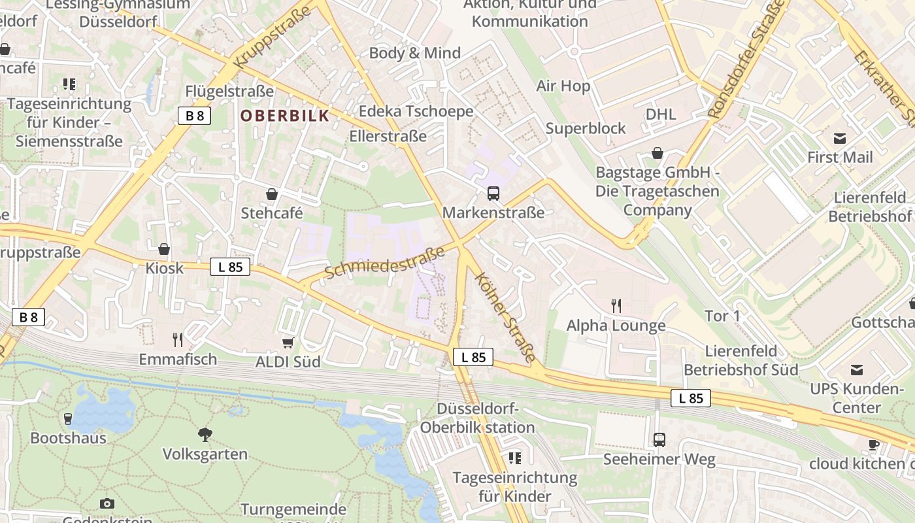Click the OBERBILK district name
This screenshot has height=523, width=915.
pos(284,116)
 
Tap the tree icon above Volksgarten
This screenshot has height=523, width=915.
pos(205,435)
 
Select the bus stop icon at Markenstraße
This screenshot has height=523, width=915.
pos(493,194)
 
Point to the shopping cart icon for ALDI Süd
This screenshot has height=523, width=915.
pos(288,343)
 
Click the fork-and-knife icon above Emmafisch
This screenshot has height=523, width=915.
pos(177,339)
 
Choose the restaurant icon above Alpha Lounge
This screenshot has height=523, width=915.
pos(615,305)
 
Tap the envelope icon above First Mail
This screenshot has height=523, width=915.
pos(839,139)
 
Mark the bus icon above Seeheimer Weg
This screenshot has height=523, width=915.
pos(659,440)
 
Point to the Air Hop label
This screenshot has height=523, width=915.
pos(563,86)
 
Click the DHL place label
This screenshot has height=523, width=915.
pos(661,114)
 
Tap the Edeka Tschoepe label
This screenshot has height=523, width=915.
pos(416,112)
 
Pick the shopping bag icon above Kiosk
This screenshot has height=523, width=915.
pos(164,249)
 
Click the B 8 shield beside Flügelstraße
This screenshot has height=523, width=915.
pos(195,116)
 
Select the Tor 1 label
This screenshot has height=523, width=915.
pos(722,316)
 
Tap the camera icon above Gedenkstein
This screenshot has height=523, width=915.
pos(107,503)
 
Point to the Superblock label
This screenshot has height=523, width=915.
pos(586,128)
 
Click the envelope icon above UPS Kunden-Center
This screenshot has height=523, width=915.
pos(856,370)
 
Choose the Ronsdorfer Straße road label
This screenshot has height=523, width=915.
pos(746,61)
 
